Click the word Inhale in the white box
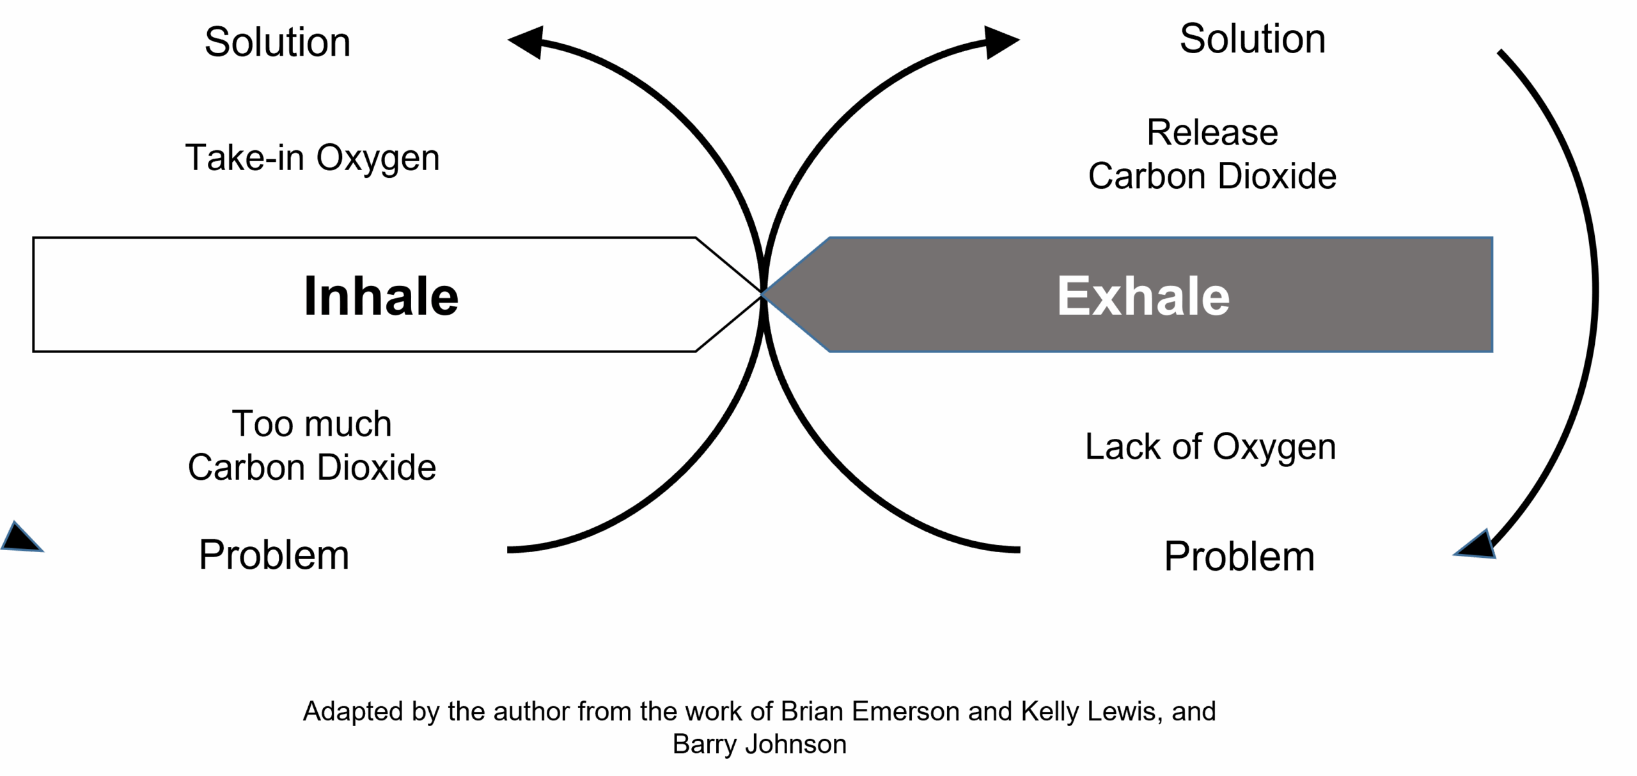click(381, 296)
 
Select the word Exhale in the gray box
click(1143, 296)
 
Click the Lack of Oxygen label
click(1210, 447)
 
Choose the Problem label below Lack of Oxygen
click(1241, 556)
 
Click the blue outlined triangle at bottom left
click(20, 539)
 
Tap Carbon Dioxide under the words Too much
click(313, 468)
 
